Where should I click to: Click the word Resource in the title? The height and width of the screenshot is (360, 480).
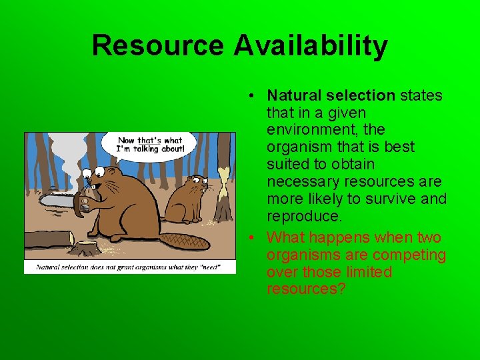click(x=159, y=46)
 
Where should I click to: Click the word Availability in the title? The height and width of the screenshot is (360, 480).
click(x=311, y=46)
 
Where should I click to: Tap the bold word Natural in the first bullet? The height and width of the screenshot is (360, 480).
click(x=294, y=95)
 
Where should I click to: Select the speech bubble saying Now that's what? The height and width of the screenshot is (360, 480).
click(x=149, y=144)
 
